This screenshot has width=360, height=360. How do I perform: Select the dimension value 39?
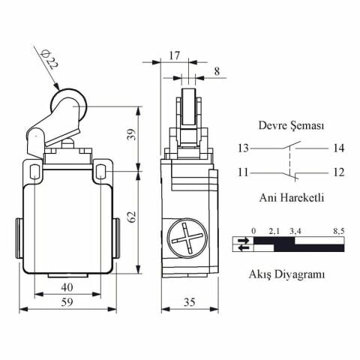[130, 136]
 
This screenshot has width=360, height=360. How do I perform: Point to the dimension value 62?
[130, 217]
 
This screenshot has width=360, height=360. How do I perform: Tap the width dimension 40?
[67, 287]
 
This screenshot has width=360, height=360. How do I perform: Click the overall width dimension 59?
[67, 302]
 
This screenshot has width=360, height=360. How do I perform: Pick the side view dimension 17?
[174, 55]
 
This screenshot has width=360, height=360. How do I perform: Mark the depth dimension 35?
[190, 302]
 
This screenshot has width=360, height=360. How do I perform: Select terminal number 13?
[243, 148]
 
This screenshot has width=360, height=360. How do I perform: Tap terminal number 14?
[337, 148]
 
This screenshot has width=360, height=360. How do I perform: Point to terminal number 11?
[243, 172]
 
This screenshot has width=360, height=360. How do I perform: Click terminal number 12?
[337, 172]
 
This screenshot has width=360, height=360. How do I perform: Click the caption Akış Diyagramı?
[286, 274]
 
